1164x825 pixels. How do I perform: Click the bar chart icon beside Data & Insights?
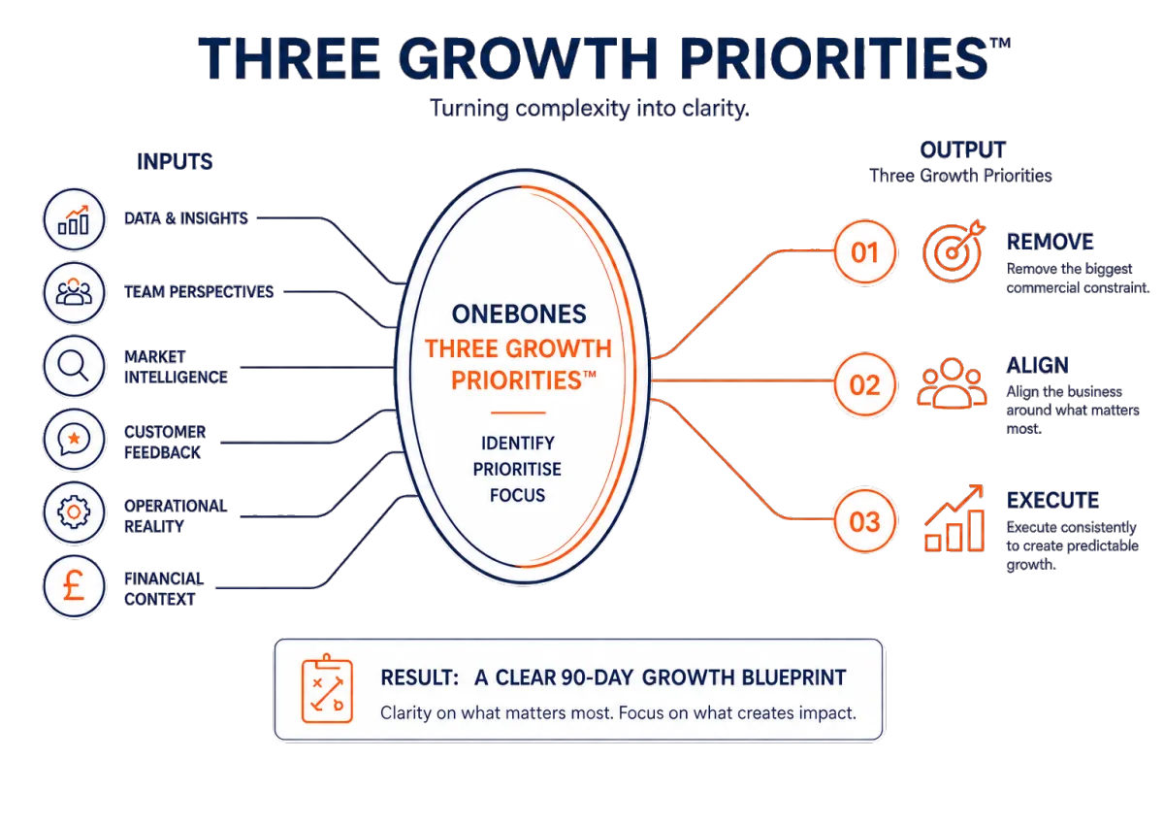(x=74, y=220)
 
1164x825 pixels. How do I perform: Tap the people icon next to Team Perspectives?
(x=74, y=293)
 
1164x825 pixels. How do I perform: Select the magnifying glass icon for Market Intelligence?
(x=74, y=366)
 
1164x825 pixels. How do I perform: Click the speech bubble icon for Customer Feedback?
(x=74, y=440)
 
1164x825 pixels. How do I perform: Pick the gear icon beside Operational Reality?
(x=74, y=513)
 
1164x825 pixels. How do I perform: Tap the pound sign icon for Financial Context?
(x=74, y=586)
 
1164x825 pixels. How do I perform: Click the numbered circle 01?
(x=864, y=252)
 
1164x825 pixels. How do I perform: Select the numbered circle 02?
(x=864, y=384)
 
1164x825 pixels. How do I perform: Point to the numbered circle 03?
(x=864, y=521)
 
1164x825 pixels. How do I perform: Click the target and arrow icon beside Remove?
(x=954, y=251)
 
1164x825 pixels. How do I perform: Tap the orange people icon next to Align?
(x=952, y=383)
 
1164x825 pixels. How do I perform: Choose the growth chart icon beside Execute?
(x=954, y=518)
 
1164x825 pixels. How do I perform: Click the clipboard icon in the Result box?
(x=327, y=688)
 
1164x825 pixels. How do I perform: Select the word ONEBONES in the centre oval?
(x=519, y=314)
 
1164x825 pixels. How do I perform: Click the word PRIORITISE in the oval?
(x=517, y=470)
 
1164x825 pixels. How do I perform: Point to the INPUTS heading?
(x=175, y=162)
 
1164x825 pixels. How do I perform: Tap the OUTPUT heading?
(x=963, y=150)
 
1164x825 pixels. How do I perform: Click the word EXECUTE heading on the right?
(x=1052, y=501)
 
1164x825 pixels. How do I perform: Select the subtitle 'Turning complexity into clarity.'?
(x=590, y=109)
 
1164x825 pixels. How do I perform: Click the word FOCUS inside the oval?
(x=518, y=495)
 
